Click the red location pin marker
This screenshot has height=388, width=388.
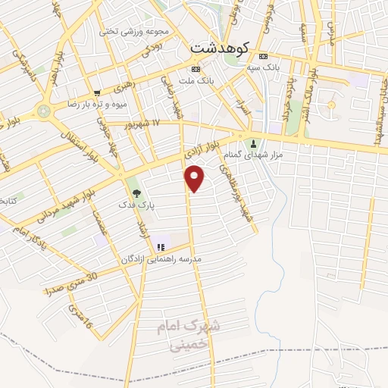coord(195,179)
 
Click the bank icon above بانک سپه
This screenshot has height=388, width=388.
coord(263,57)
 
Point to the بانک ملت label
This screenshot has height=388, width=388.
coord(196,79)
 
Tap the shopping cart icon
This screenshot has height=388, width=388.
coord(97,93)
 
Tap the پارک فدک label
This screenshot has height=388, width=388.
coord(136,205)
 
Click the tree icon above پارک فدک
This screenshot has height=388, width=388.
coord(136,192)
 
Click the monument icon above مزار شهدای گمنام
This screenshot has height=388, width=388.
coord(253,142)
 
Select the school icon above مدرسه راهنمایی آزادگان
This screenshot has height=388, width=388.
coord(160,246)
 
